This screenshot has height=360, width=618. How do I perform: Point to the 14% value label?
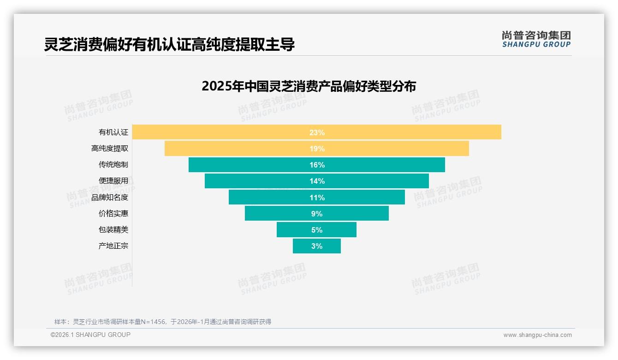click(x=317, y=181)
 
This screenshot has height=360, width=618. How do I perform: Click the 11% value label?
click(x=317, y=198)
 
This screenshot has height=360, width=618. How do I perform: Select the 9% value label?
click(x=317, y=214)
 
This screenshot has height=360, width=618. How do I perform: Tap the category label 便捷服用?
click(x=113, y=181)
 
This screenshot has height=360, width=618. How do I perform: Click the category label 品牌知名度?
click(x=109, y=198)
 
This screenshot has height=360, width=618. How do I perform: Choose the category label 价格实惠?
click(x=113, y=214)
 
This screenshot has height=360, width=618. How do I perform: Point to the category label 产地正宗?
click(x=113, y=246)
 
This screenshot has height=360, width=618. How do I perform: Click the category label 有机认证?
click(x=113, y=132)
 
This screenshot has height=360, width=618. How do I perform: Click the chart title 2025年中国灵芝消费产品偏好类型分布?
click(x=309, y=86)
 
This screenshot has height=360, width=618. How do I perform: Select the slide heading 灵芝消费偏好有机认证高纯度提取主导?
click(x=169, y=45)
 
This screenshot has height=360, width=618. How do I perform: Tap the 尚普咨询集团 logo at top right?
click(x=536, y=39)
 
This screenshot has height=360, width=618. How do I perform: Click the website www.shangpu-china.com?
click(x=537, y=335)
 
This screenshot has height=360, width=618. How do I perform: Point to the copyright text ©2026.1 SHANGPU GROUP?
click(x=90, y=335)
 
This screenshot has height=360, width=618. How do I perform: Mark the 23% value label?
click(x=317, y=132)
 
